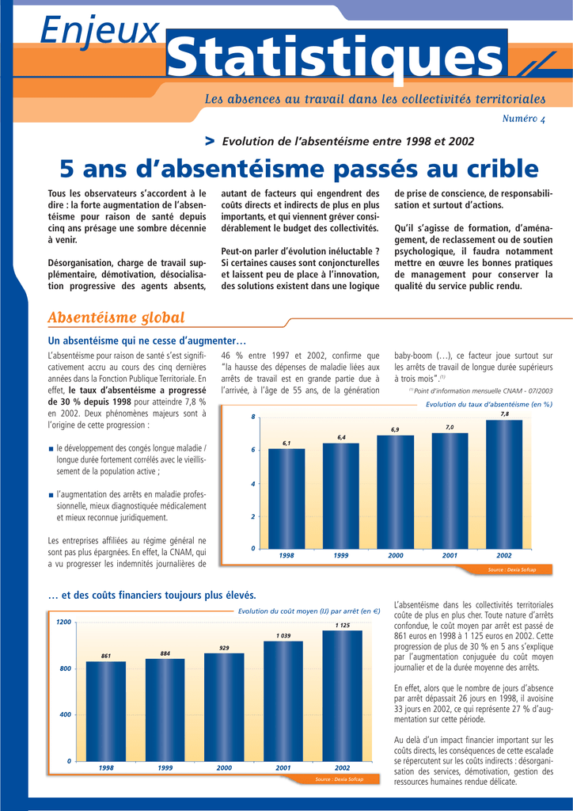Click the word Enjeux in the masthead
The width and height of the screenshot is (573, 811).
click(x=100, y=31)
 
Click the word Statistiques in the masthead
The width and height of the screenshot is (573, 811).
click(x=336, y=57)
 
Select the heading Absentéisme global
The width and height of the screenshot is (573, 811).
click(x=116, y=318)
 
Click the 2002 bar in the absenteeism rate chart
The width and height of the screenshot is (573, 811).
click(x=504, y=485)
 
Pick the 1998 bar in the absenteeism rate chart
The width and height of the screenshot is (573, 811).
click(x=286, y=499)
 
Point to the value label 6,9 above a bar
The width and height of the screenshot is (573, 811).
click(x=395, y=429)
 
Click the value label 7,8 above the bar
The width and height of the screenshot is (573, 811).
click(x=504, y=413)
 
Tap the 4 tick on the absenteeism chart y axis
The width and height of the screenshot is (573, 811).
click(x=253, y=483)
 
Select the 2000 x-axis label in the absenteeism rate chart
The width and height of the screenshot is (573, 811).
click(x=396, y=556)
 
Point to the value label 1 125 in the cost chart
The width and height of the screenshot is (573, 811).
click(x=342, y=625)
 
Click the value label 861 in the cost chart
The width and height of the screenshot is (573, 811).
click(x=106, y=656)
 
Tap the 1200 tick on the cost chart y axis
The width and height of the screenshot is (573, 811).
click(x=63, y=622)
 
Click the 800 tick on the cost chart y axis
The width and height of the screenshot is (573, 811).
click(x=66, y=669)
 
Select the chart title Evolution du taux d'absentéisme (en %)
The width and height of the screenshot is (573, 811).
click(x=488, y=404)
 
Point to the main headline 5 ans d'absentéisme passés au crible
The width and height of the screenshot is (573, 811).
click(x=298, y=169)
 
